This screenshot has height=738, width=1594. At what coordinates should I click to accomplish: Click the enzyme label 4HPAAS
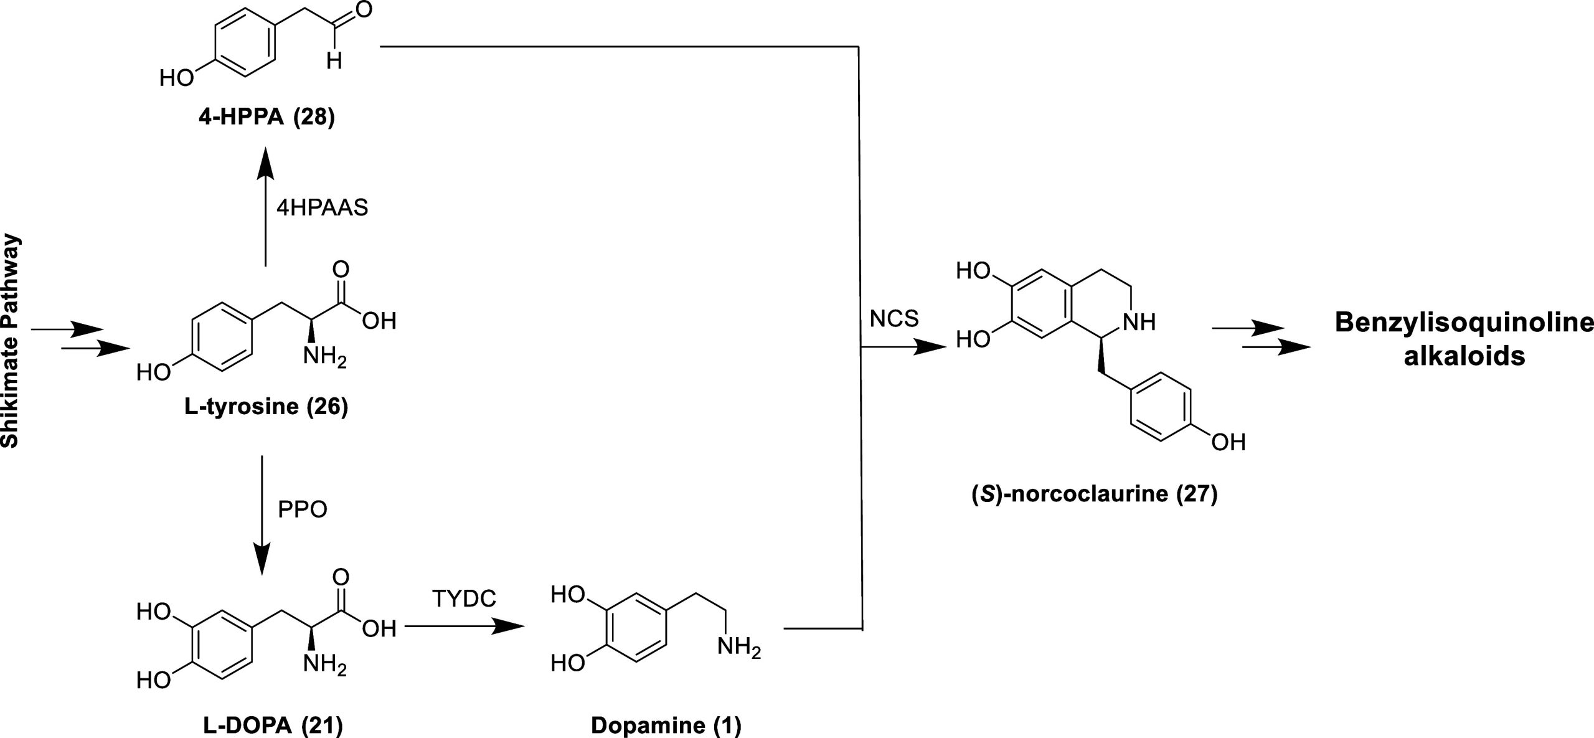[x=322, y=207]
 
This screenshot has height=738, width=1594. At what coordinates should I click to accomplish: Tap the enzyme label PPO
[x=303, y=509]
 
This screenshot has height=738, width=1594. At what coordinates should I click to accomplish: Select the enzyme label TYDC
[x=465, y=599]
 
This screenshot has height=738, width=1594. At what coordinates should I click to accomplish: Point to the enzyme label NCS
[x=894, y=319]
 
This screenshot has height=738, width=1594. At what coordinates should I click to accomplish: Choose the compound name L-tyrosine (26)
[x=266, y=407]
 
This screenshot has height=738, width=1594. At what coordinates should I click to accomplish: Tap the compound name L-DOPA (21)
[x=273, y=726]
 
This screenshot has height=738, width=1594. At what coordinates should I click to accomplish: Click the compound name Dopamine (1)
[x=666, y=726]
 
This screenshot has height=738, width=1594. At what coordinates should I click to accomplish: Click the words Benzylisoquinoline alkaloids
[x=1464, y=339]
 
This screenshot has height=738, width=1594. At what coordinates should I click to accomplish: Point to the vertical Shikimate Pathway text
[x=11, y=341]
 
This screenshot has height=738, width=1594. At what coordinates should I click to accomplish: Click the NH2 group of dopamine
[x=739, y=648]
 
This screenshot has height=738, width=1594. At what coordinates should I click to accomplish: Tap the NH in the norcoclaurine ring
[x=1139, y=321]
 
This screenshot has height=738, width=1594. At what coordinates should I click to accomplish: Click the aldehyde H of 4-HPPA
[x=334, y=62]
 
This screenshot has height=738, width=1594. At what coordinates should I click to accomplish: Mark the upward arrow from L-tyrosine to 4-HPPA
[x=266, y=206]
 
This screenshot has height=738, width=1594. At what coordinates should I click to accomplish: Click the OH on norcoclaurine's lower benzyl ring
[x=1228, y=442]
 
